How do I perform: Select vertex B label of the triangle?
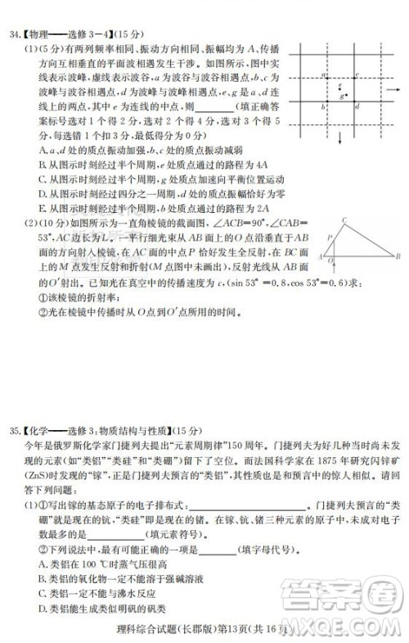click(x=398, y=256)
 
